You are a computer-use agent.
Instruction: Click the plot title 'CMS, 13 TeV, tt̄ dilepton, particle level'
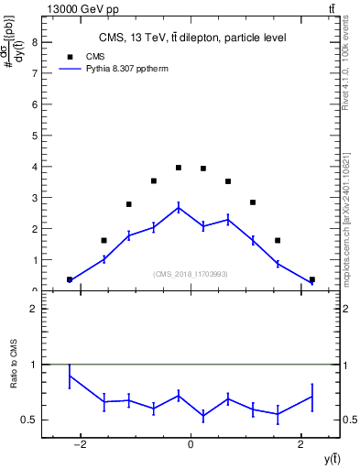(x=192, y=38)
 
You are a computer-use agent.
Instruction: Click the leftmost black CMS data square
(x=70, y=279)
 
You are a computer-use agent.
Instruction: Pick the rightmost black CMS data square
(x=312, y=279)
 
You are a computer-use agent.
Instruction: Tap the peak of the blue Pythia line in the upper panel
(x=179, y=207)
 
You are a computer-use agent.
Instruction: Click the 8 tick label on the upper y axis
(x=34, y=42)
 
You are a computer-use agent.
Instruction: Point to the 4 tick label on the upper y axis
(x=34, y=167)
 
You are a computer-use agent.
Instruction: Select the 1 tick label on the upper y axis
(x=34, y=260)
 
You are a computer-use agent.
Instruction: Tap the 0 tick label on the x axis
(x=191, y=444)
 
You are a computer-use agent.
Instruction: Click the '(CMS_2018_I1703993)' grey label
(x=191, y=274)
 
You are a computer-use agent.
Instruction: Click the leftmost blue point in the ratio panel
(x=70, y=376)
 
